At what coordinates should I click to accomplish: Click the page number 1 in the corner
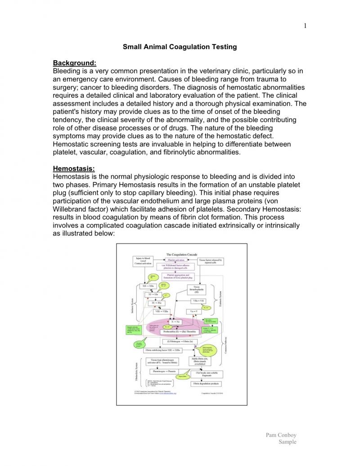[x=305, y=25]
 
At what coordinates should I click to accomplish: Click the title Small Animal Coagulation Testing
[x=180, y=47]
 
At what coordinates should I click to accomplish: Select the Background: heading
[x=75, y=63]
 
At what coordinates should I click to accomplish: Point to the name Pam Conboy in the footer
[x=281, y=435]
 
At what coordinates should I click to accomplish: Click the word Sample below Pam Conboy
[x=288, y=442]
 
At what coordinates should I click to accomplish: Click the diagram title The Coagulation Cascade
[x=182, y=255]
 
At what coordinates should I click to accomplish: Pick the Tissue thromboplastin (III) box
[x=197, y=289]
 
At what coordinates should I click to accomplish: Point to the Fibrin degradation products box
[x=206, y=384]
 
